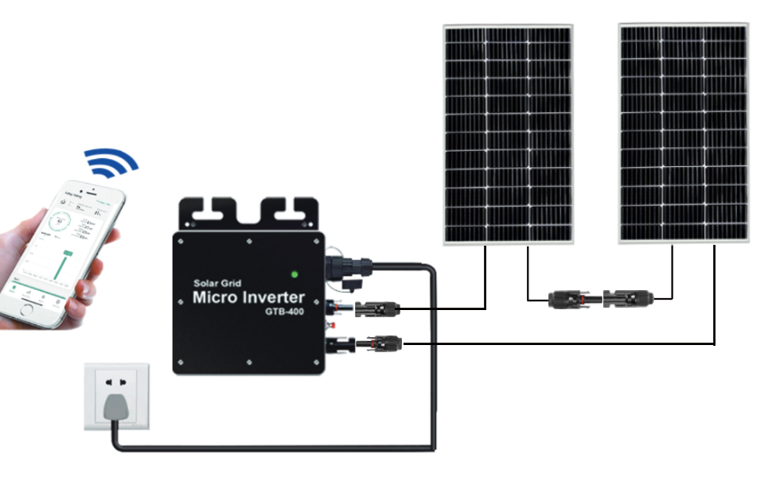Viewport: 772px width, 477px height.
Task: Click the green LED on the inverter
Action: click(x=294, y=275)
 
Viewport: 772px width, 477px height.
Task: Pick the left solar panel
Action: click(x=508, y=134)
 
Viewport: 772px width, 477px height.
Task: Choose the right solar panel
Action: click(x=684, y=134)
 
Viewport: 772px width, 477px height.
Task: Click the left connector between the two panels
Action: click(x=566, y=300)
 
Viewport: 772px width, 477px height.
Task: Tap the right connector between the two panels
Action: click(x=628, y=300)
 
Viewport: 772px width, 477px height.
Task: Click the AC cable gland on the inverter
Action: click(x=347, y=267)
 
